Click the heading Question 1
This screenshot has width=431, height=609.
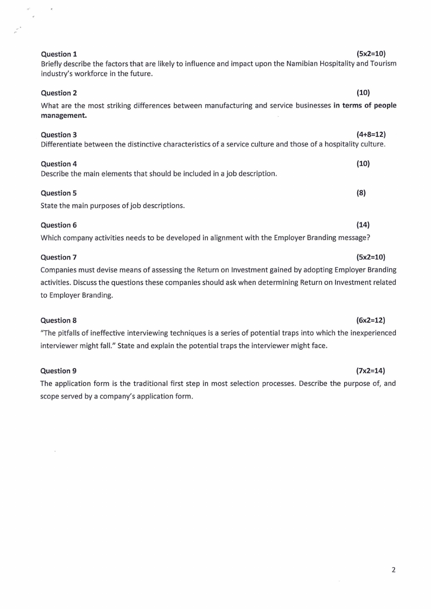tap(59, 54)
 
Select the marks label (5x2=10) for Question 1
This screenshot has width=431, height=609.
tap(371, 54)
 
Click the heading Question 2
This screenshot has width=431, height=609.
tap(59, 93)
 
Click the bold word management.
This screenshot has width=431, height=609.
tap(64, 115)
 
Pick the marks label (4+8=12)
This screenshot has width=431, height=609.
tap(371, 134)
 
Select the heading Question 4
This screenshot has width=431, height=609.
tap(59, 164)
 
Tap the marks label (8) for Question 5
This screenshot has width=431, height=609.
tap(361, 193)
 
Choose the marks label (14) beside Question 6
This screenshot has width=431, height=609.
tap(363, 225)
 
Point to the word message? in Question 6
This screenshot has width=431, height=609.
tap(354, 237)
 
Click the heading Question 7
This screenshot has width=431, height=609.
tap(59, 257)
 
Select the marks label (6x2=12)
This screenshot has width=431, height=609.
tap(371, 320)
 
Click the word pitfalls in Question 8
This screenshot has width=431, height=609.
tap(70, 333)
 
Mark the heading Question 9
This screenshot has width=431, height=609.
tap(59, 371)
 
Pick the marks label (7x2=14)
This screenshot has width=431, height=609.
tap(371, 371)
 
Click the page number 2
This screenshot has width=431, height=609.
tap(394, 570)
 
